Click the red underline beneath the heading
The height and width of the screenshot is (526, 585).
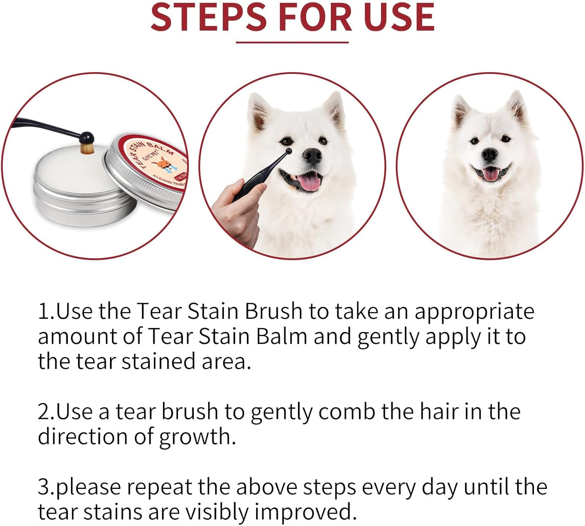click(292, 42)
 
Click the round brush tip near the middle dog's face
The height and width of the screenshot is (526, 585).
click(289, 151)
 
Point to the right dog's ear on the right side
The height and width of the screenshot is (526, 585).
click(517, 107)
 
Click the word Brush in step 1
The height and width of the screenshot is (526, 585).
click(273, 312)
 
